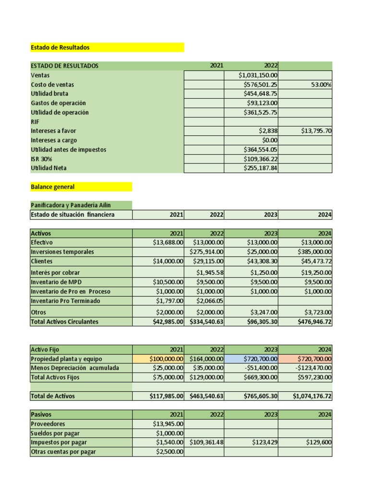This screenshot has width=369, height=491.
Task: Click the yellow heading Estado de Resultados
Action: coord(60,47)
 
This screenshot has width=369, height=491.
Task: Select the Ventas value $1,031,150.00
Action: coord(258,75)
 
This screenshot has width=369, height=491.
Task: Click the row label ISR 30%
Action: coord(41,159)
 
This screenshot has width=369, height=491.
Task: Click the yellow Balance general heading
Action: coord(52,187)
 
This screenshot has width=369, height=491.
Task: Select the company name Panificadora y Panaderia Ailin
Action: coord(71,205)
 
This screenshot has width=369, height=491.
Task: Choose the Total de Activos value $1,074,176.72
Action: coord(312,397)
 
